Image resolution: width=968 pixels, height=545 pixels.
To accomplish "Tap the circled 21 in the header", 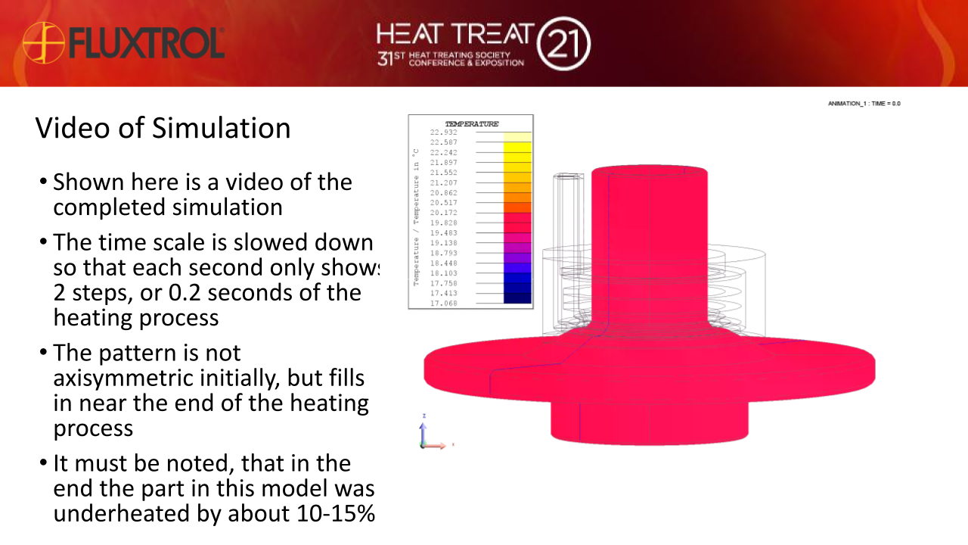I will coord(563,44).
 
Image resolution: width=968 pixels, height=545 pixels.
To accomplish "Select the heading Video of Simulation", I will coord(163,128).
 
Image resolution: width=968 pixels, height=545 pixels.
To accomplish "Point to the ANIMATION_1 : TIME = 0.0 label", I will coord(864,103).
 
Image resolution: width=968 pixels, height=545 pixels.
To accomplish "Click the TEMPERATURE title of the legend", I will coord(471,124).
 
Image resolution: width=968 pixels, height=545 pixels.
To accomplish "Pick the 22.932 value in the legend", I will coord(443,132).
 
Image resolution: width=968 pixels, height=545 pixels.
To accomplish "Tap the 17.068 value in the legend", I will coord(443,304).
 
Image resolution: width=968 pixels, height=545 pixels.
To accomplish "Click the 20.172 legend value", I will coord(443,213).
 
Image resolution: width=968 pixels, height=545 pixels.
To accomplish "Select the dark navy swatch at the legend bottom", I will coord(517,298).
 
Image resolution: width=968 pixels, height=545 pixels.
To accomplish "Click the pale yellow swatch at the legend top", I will coord(517,137).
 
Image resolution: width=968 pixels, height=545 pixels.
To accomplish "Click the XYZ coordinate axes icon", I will coord(431,436).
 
